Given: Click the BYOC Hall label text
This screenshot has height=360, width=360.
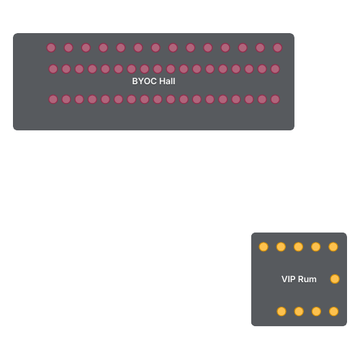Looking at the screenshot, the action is click(153, 81).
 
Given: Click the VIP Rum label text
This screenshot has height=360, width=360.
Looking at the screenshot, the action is click(299, 279).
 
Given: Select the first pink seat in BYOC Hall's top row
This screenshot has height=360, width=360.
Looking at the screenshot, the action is click(51, 48).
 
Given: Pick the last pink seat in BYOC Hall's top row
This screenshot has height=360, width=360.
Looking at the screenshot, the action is click(278, 48).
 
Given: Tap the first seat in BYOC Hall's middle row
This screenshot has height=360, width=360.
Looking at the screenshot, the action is click(53, 69).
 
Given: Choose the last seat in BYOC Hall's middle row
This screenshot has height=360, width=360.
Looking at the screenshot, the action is click(275, 69).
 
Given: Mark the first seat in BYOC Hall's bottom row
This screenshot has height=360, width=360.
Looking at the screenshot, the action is click(53, 99).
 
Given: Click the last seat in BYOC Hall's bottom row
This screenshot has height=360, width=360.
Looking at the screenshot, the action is click(275, 99).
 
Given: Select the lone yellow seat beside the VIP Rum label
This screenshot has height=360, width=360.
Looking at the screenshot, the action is click(335, 279).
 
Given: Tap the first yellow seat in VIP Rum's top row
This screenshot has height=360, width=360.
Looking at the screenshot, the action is click(264, 247).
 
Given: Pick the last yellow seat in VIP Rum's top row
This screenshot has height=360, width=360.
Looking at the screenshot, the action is click(333, 247).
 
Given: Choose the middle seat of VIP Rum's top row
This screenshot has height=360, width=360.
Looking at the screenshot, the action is click(298, 247).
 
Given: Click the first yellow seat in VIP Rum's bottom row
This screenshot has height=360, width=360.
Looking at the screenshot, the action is click(282, 312).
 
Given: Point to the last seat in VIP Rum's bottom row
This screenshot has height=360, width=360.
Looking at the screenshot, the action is click(334, 312).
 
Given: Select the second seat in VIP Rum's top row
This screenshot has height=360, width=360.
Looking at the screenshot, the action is click(281, 247).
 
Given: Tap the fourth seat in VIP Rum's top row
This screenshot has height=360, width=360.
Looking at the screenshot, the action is click(316, 247).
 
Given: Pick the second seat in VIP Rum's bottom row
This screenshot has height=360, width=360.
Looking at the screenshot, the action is click(299, 312).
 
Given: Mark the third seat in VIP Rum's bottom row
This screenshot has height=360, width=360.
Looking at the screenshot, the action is click(316, 312).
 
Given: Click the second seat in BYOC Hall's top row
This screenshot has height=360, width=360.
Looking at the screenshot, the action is click(68, 48).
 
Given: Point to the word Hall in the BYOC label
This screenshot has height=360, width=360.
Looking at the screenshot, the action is click(167, 81).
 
